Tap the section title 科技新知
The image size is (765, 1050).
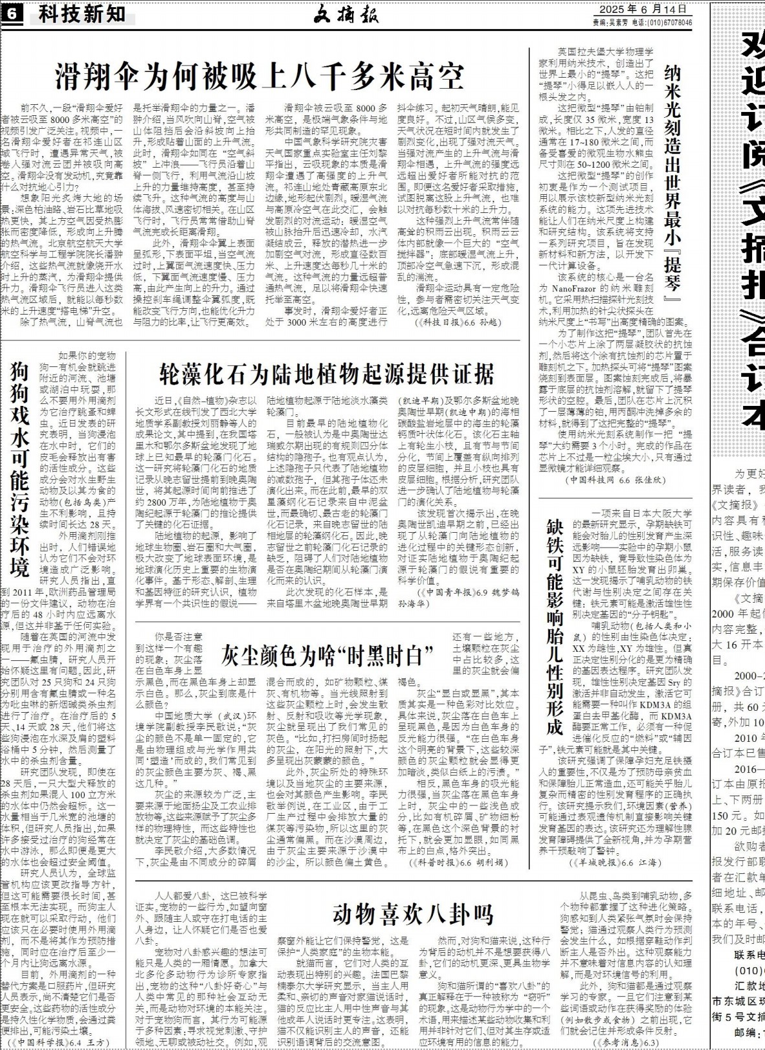point(81,14)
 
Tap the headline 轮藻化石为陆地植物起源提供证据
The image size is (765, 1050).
point(326,374)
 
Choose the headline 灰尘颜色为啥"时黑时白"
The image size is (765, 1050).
point(326,638)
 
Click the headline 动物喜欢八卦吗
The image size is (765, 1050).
point(413,914)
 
